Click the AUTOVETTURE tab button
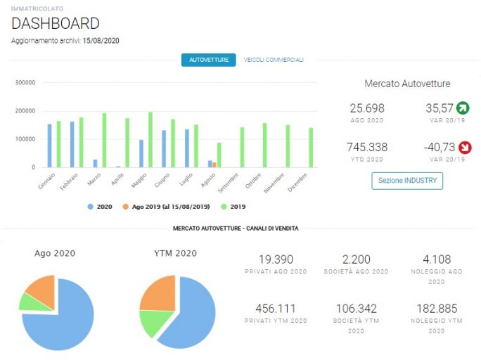209,60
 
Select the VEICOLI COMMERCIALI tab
274,60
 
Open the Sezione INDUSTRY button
407,181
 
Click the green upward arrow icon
463,108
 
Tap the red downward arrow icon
465,147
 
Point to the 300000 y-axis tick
25,82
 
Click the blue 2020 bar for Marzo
95,163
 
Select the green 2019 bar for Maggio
150,140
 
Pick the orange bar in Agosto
214,165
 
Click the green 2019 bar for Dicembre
311,148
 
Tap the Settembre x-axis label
229,183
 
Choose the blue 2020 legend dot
90,207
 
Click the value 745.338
367,147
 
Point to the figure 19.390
276,259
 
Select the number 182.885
437,309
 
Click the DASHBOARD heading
56,23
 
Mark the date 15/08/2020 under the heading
101,41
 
